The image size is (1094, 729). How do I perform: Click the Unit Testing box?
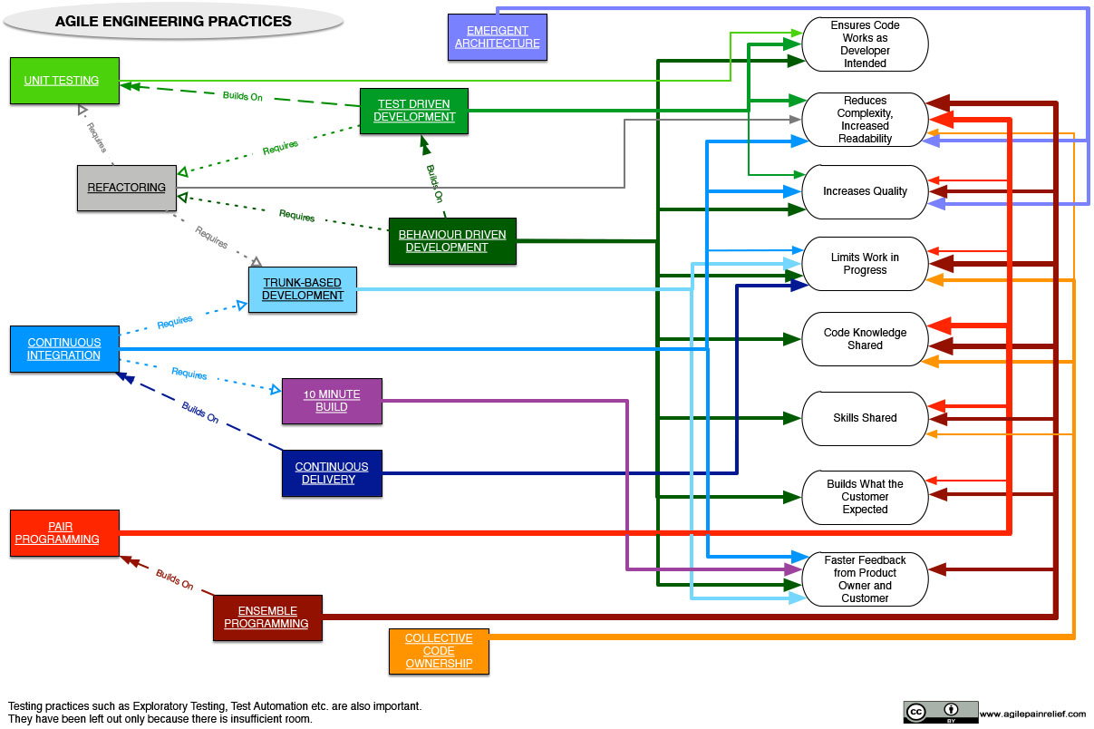(x=64, y=81)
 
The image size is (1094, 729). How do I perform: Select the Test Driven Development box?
(x=414, y=111)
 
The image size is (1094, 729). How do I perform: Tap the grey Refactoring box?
(x=126, y=188)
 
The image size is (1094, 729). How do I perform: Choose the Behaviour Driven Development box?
(x=452, y=241)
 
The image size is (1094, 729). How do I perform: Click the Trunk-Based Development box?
(x=303, y=289)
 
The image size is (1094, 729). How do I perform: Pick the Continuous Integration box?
(x=64, y=349)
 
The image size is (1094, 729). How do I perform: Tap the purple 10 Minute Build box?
(x=332, y=401)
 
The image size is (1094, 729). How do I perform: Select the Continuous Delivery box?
(x=332, y=473)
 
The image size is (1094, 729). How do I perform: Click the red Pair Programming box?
(x=64, y=533)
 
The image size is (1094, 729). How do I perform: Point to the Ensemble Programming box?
(x=267, y=617)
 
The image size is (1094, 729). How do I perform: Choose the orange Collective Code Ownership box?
(x=439, y=651)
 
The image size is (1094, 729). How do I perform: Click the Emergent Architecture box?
(x=497, y=37)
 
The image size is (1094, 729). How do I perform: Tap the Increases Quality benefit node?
(x=865, y=191)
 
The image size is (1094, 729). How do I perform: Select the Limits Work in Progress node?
(x=865, y=264)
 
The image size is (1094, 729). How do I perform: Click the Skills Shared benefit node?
(x=865, y=418)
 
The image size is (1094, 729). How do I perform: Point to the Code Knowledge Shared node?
(x=865, y=339)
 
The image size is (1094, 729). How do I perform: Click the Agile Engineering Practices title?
(x=174, y=22)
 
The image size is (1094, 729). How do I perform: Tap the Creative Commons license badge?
(x=940, y=712)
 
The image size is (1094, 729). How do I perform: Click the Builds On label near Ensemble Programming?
(x=174, y=580)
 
